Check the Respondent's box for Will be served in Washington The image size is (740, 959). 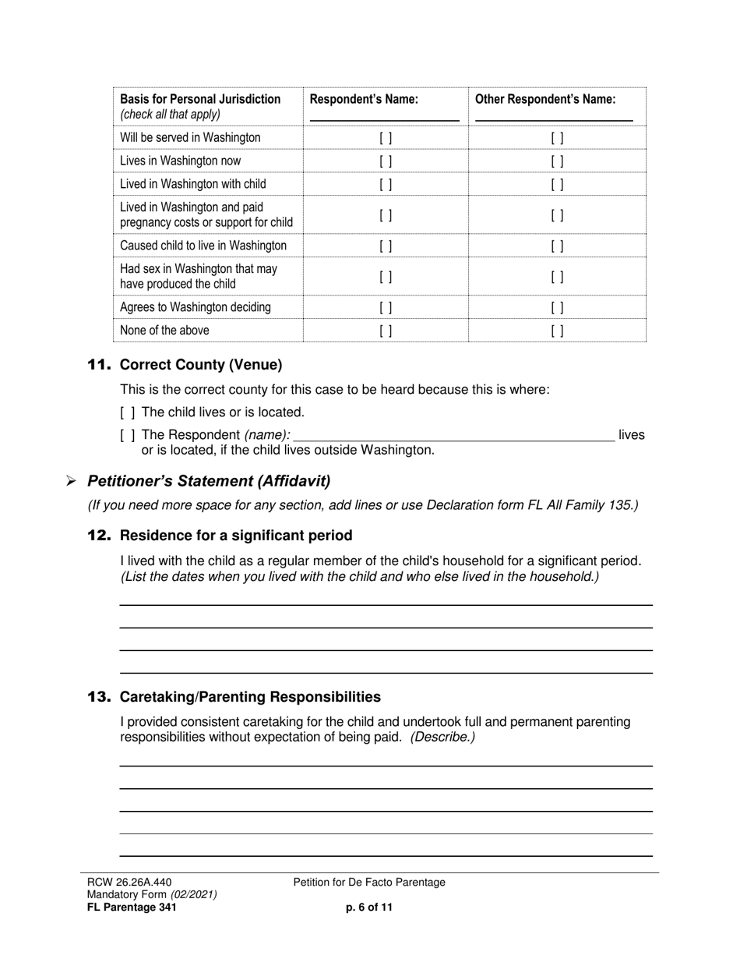386,138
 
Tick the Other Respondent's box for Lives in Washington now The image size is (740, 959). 557,161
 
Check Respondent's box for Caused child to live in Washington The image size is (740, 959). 386,246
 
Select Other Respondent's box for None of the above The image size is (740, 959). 557,331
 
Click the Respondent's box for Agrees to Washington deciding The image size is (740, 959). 386,308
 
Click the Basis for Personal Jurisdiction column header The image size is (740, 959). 200,100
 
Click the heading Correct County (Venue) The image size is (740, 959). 201,365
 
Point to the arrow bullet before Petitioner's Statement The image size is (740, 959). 71,482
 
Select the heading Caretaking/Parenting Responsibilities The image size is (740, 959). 250,697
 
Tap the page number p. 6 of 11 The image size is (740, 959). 369,908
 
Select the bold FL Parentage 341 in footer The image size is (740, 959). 132,908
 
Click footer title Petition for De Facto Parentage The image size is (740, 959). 369,883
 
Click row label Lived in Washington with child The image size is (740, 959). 192,184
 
